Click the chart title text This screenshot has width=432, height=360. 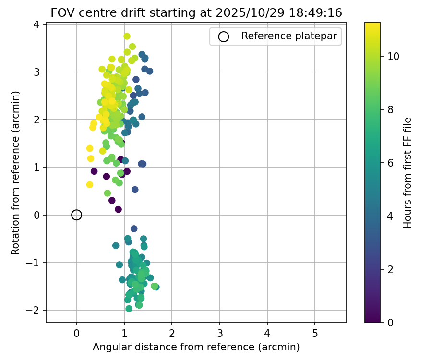196,13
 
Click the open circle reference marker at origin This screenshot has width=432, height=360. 77,215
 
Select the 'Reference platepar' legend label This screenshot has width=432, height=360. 289,36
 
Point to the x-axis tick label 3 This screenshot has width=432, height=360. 219,333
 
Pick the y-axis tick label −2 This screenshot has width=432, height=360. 34,310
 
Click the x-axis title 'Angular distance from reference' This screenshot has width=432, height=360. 196,347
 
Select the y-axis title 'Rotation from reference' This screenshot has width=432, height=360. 16,173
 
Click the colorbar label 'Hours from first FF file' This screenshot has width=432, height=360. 408,173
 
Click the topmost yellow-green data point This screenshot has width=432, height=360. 127,36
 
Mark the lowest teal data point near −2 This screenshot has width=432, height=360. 129,309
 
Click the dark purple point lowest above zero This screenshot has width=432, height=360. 119,209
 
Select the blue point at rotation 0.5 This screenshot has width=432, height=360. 135,190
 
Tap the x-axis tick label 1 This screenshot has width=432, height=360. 124,333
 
